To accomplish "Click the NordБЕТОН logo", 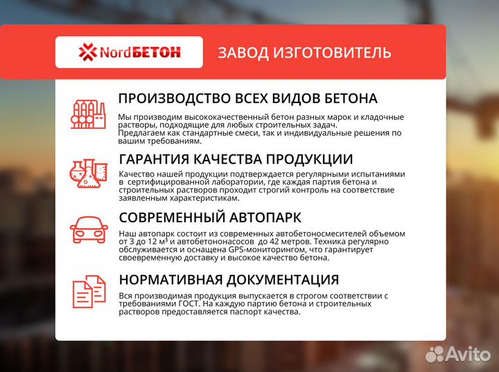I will (129, 52).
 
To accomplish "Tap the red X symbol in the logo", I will (87, 52).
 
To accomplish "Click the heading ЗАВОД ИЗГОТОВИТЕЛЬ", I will (304, 53).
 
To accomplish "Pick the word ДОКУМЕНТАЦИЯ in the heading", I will (284, 280).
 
